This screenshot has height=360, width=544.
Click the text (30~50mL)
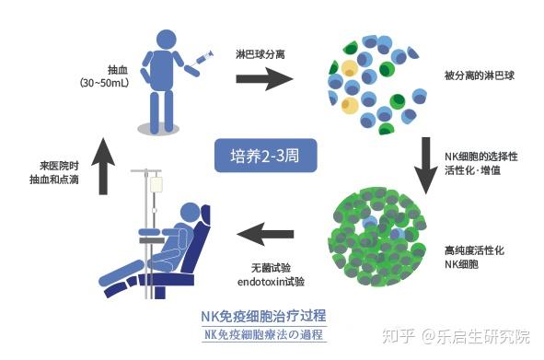[x=106, y=82]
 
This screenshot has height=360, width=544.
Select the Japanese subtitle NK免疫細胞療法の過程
[x=265, y=334]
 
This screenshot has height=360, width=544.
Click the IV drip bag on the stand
[x=156, y=185]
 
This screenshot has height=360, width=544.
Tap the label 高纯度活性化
[x=476, y=250]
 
